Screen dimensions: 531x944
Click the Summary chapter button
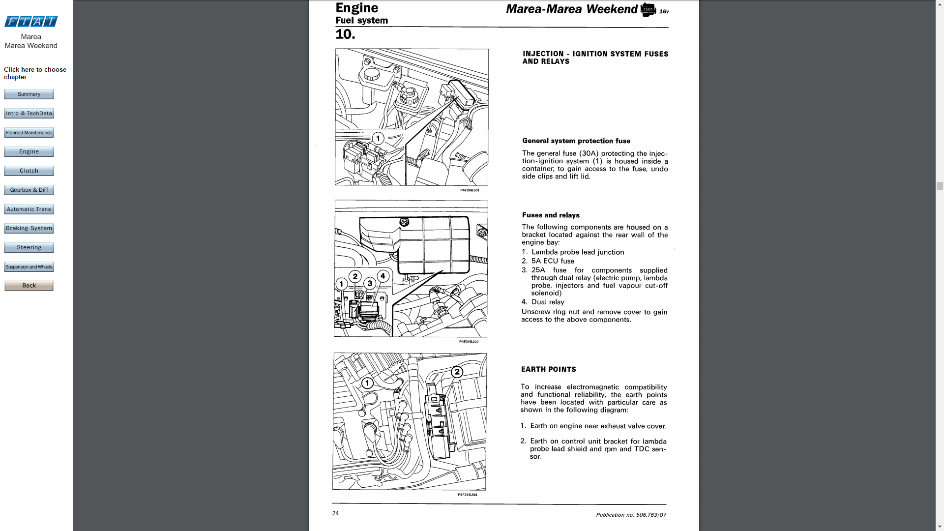(x=29, y=94)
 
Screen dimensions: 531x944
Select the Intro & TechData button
(x=29, y=114)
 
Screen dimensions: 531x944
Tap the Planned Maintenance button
(x=29, y=133)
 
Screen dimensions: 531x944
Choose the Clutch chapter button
(x=29, y=171)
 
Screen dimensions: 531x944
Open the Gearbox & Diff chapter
(x=29, y=190)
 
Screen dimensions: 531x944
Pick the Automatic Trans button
(x=29, y=209)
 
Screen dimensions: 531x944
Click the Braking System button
(x=29, y=229)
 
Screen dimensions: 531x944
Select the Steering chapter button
(x=29, y=248)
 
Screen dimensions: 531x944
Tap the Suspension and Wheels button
(x=29, y=267)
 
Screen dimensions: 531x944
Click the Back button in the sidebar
(x=29, y=286)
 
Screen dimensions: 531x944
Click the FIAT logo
(x=31, y=21)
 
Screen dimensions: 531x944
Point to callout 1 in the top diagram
(x=378, y=138)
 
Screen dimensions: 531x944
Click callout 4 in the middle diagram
(x=383, y=276)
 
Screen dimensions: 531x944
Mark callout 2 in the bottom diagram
(x=457, y=372)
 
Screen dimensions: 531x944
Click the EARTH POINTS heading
(x=548, y=369)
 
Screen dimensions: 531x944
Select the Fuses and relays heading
(x=551, y=215)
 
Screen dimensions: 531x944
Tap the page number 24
(x=335, y=513)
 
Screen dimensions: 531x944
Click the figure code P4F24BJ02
(x=469, y=342)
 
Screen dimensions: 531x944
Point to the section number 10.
(x=345, y=34)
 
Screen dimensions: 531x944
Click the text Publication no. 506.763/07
(x=631, y=515)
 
